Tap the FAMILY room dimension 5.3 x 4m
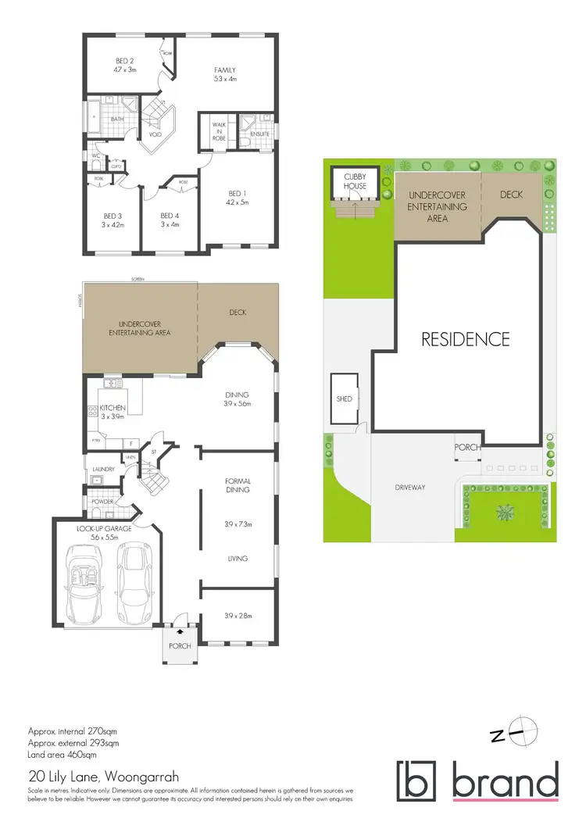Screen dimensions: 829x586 (x=225, y=79)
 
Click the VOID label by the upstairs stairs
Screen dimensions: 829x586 (x=155, y=134)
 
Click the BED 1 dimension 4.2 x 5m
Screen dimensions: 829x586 (x=237, y=202)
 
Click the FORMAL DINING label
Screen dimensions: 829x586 (x=237, y=484)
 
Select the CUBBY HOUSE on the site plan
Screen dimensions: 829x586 (x=355, y=183)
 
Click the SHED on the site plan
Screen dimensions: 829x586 (x=345, y=399)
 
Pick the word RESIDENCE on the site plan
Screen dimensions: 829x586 (x=466, y=339)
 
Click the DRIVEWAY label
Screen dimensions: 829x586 (x=409, y=488)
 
